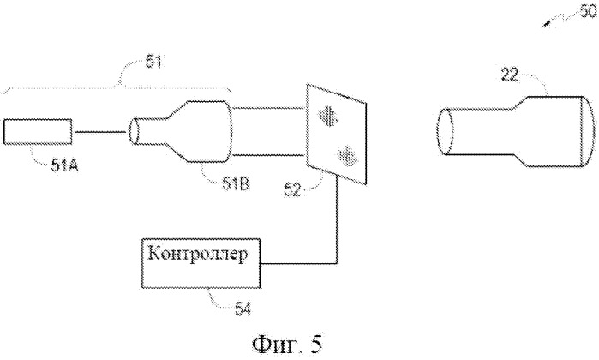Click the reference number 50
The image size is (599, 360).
(x=588, y=11)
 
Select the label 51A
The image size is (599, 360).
(x=65, y=165)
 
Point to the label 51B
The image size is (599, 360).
(x=236, y=184)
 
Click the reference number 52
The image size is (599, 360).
(x=292, y=189)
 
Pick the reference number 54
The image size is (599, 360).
(x=243, y=309)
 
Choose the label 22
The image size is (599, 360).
(x=509, y=75)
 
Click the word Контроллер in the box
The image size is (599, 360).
(x=197, y=254)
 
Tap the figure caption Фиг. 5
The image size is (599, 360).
(x=287, y=345)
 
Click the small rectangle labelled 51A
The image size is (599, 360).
(x=38, y=132)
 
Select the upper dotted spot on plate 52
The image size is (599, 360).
(x=328, y=117)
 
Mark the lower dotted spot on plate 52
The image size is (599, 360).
(x=348, y=156)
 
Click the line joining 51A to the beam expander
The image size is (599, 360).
(x=100, y=132)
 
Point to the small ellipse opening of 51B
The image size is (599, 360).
(x=135, y=132)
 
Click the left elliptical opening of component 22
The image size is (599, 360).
(x=446, y=132)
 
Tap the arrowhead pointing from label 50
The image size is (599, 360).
(x=546, y=25)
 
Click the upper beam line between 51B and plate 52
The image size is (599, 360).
(x=269, y=108)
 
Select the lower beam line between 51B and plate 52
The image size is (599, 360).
(x=269, y=155)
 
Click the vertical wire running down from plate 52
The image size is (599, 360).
(x=337, y=219)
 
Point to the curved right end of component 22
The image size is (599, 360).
(x=590, y=131)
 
